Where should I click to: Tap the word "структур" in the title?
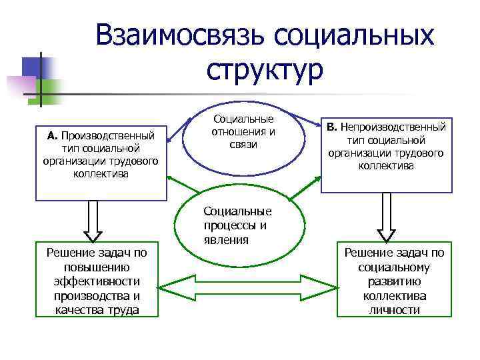point(265,69)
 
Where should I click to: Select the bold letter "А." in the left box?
point(53,136)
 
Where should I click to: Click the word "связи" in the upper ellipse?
point(243,145)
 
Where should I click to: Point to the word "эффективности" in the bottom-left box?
point(97,282)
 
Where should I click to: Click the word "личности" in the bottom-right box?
point(394,310)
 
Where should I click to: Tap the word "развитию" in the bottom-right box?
point(394,282)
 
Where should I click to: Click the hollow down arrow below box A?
point(93,221)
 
